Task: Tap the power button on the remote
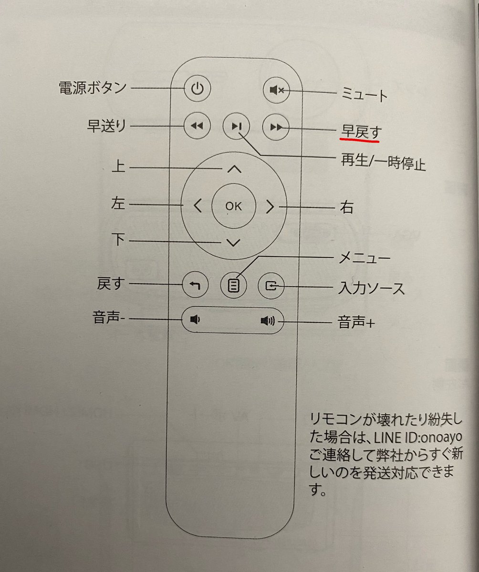[197, 89]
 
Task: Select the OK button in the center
[234, 206]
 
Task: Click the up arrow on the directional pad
[233, 169]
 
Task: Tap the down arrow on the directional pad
[233, 243]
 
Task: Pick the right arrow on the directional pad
[270, 206]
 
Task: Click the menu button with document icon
[234, 286]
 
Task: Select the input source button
[271, 286]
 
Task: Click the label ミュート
[363, 95]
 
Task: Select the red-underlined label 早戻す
[359, 130]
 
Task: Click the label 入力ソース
[371, 288]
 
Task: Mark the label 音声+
[356, 323]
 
